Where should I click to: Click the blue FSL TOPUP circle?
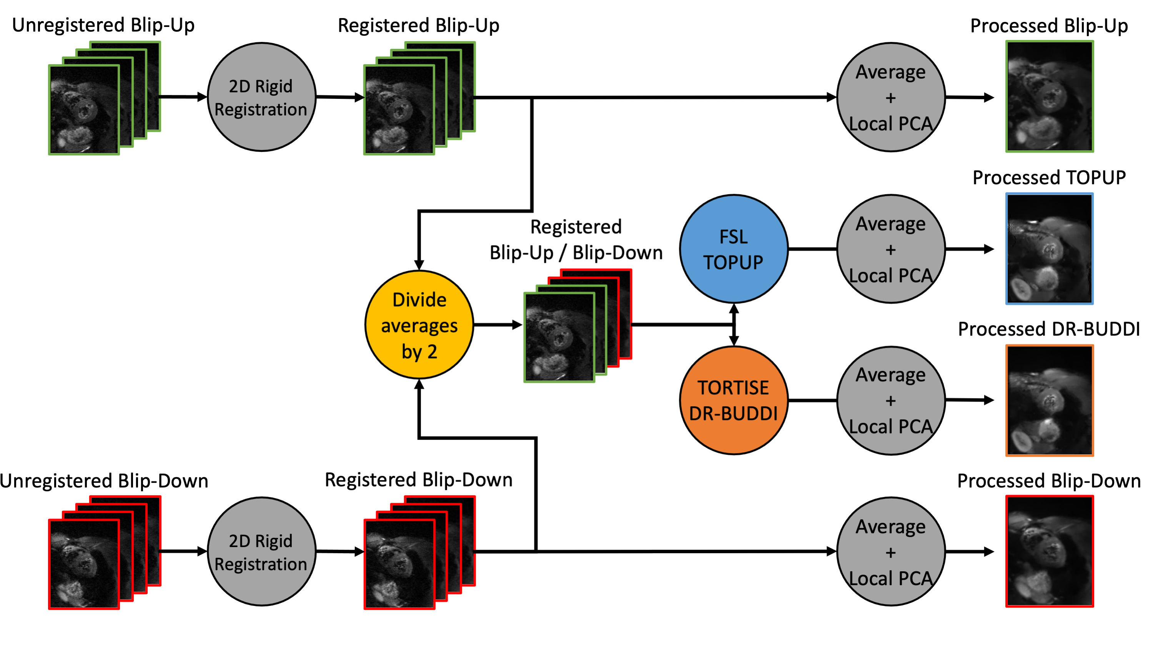coord(733,249)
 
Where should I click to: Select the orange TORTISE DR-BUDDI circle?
coord(733,400)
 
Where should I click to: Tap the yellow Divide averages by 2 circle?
coord(419,325)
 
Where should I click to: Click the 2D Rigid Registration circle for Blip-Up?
coord(261,97)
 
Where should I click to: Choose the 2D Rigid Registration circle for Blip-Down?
coord(261,551)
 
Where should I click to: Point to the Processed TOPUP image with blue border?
coord(1049,249)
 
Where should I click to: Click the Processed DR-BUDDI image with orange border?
coord(1049,400)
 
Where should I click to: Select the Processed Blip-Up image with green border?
coord(1049,96)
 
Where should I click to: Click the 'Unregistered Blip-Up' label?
coord(103,25)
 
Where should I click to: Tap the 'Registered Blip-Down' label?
coord(419,480)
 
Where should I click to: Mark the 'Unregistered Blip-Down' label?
coord(104,480)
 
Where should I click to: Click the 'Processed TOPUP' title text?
coord(1049,177)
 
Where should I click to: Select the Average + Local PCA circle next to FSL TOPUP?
coord(891,249)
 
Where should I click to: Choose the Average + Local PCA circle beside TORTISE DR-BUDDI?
coord(891,400)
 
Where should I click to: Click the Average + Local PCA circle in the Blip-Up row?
coord(891,97)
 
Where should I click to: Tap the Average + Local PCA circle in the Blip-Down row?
coord(891,551)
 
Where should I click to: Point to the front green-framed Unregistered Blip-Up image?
coord(84,110)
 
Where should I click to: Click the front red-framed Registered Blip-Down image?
coord(399,564)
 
